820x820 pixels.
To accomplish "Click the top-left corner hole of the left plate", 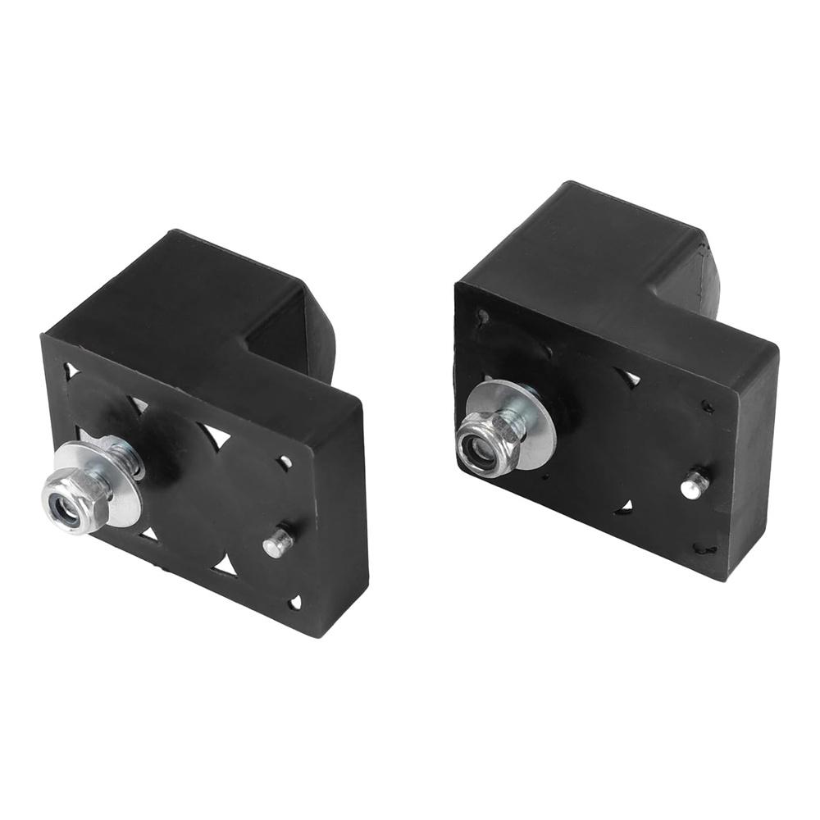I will [x=71, y=371].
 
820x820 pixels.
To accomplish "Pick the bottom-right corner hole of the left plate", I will [x=295, y=603].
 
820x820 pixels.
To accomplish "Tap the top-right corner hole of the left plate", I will [x=285, y=462].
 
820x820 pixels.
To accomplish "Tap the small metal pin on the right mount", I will [x=694, y=485].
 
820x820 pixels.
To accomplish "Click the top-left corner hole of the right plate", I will [x=483, y=315].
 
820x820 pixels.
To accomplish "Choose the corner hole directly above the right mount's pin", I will [x=707, y=405].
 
